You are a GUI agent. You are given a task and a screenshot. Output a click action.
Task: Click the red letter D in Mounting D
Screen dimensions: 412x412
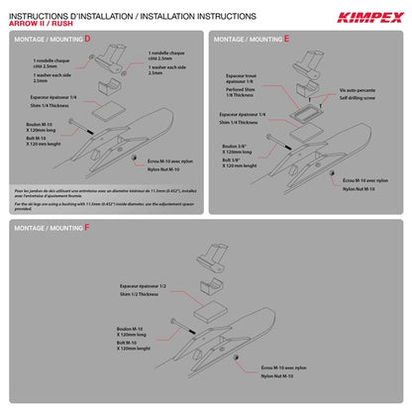(87, 39)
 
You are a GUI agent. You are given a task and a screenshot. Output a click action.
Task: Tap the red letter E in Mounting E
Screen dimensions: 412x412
(287, 39)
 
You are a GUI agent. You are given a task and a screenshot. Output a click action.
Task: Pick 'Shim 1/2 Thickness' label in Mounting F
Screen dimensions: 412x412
(142, 294)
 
